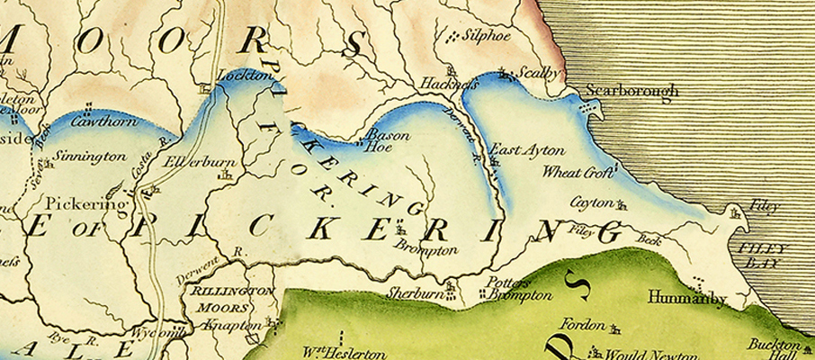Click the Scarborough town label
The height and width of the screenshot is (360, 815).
(x=627, y=91)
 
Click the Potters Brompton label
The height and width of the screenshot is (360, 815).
(x=519, y=288)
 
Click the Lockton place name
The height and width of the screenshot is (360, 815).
(x=246, y=78)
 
